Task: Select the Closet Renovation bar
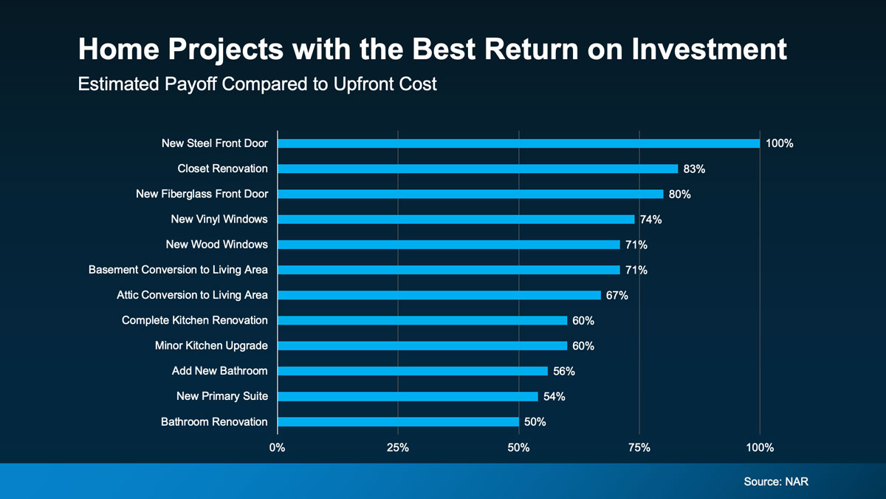477,169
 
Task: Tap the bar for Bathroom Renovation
397,422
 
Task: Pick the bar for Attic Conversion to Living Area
439,295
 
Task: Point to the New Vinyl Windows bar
456,220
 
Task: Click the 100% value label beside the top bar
779,143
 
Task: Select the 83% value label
694,169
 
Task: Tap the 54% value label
554,397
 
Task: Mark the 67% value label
617,296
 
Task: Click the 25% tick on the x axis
397,447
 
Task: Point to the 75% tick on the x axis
639,447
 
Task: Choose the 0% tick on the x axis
277,447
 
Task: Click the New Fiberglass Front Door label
202,194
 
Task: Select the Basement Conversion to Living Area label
178,270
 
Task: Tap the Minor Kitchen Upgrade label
211,346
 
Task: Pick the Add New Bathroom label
219,371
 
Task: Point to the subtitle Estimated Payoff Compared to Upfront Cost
257,84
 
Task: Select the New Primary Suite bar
408,397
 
